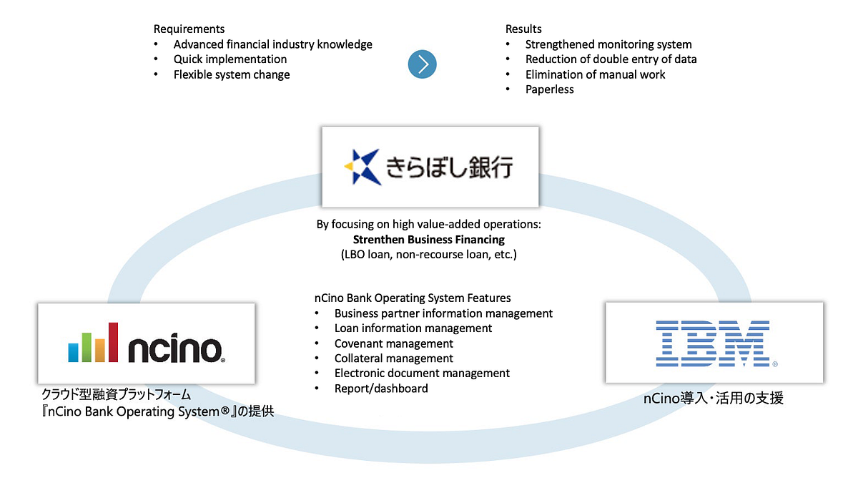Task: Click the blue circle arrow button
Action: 423,65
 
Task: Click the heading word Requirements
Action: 189,29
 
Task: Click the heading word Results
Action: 523,29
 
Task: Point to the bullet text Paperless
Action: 549,89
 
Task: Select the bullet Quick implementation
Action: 230,59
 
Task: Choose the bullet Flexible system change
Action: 232,74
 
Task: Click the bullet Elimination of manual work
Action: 595,74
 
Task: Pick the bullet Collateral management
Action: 393,358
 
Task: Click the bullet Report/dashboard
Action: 381,389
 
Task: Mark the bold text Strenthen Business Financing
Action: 428,239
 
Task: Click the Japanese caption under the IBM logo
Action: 713,399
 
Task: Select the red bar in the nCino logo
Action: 112,342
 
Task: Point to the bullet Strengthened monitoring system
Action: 608,44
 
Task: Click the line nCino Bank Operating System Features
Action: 413,298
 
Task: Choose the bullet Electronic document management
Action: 422,374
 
